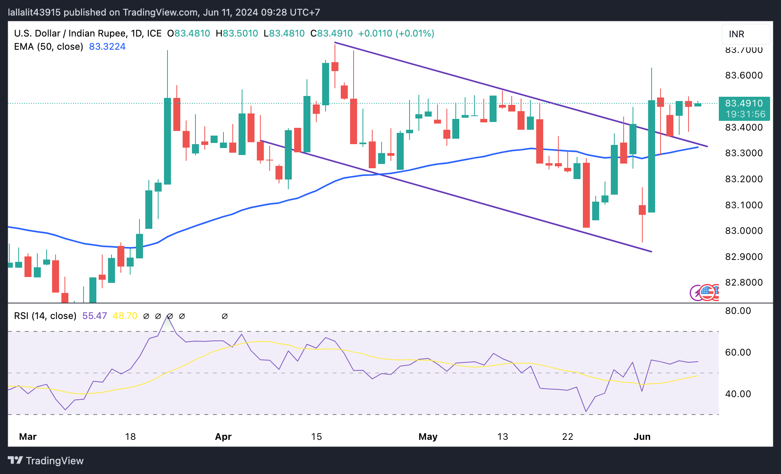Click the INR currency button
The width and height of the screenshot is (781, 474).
click(x=745, y=34)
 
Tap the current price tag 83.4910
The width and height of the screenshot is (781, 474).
click(x=744, y=103)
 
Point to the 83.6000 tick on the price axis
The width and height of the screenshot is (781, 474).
click(x=744, y=75)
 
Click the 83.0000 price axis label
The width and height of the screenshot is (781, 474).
click(x=744, y=231)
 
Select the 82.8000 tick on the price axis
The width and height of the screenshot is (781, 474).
click(x=744, y=282)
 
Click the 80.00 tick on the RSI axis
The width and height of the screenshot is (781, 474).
click(x=738, y=311)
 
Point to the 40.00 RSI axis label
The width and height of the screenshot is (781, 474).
click(x=738, y=394)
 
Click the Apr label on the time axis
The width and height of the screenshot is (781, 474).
click(x=223, y=437)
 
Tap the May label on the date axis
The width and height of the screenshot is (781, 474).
click(x=428, y=437)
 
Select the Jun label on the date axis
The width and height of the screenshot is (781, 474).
click(x=642, y=437)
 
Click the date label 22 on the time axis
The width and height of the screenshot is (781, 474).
click(x=568, y=437)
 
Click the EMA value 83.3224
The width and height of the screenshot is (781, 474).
click(x=107, y=47)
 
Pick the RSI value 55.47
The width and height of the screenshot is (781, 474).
click(x=94, y=316)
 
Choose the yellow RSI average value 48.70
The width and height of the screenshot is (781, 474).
click(x=125, y=316)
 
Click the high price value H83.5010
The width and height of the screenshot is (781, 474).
click(x=237, y=33)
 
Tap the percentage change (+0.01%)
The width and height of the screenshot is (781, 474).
click(x=415, y=33)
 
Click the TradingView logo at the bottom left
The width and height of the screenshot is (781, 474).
click(x=46, y=461)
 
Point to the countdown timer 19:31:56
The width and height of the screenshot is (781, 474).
click(x=745, y=114)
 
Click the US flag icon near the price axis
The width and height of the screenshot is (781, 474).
click(x=707, y=292)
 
